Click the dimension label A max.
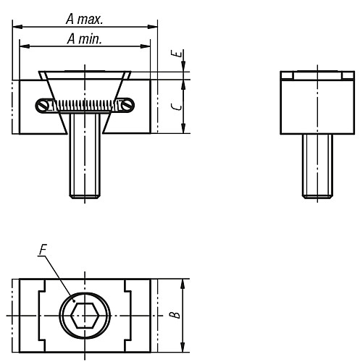pyautogui.click(x=85, y=16)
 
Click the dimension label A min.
pyautogui.click(x=85, y=39)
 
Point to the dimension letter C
pyautogui.click(x=175, y=106)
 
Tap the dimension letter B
pyautogui.click(x=175, y=315)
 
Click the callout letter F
pyautogui.click(x=43, y=252)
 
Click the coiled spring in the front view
pyautogui.click(x=86, y=106)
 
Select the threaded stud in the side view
pyautogui.click(x=316, y=167)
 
